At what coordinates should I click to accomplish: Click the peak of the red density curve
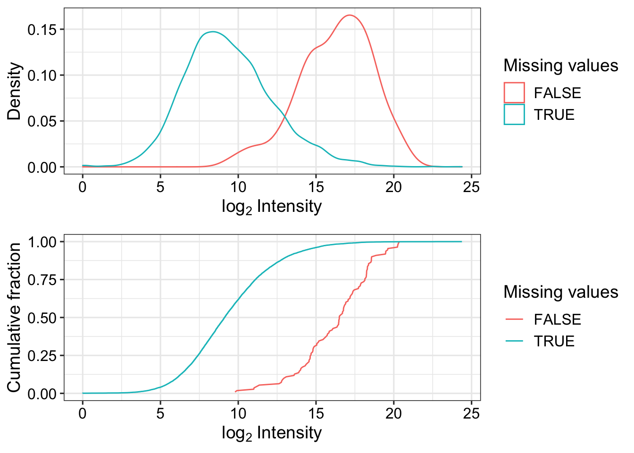tap(350, 15)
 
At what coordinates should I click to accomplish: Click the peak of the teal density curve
tap(213, 32)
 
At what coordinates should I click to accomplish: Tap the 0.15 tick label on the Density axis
tap(42, 30)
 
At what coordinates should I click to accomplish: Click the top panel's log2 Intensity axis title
tap(272, 207)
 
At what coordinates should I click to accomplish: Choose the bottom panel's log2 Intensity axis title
tap(272, 433)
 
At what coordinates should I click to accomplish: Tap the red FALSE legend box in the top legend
tap(514, 92)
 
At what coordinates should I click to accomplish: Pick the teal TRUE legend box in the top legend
tap(514, 114)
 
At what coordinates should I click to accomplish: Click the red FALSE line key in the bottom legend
tap(514, 319)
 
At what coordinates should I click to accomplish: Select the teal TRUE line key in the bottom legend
tap(514, 341)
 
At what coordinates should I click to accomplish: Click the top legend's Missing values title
tap(560, 65)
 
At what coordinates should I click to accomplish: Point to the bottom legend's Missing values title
tap(560, 292)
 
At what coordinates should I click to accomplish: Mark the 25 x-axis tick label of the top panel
tap(471, 187)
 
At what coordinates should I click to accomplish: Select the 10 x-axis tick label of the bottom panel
tap(238, 414)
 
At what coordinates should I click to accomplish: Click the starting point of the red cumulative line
tap(235, 391)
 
